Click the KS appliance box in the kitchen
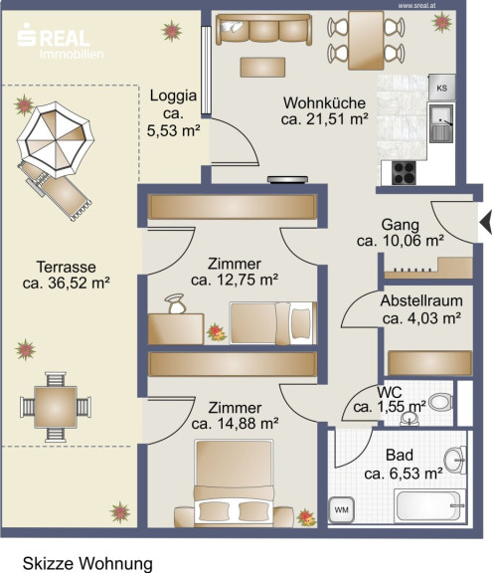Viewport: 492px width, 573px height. pos(441,87)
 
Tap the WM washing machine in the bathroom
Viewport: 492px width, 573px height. pos(341,509)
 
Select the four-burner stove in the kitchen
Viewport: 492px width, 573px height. pos(404,173)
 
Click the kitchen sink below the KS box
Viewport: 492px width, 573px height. pos(441,122)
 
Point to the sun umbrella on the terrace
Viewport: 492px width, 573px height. pos(56,140)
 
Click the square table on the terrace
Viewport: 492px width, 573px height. pos(56,407)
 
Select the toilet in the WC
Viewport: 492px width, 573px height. pos(440,402)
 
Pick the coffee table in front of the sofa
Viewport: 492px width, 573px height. pos(262,68)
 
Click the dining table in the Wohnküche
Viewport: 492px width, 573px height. pos(366,40)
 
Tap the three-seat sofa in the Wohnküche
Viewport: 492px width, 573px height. pos(263,29)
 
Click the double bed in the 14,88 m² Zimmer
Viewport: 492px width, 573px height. pos(234,483)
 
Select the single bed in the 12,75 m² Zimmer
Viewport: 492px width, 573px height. pos(272,323)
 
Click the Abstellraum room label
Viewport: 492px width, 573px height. pos(421,300)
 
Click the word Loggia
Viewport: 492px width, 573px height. pos(173,95)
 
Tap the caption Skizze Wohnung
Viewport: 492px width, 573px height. pos(87,563)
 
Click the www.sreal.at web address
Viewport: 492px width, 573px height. pos(416,6)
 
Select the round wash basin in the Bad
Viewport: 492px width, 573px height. pos(455,460)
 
